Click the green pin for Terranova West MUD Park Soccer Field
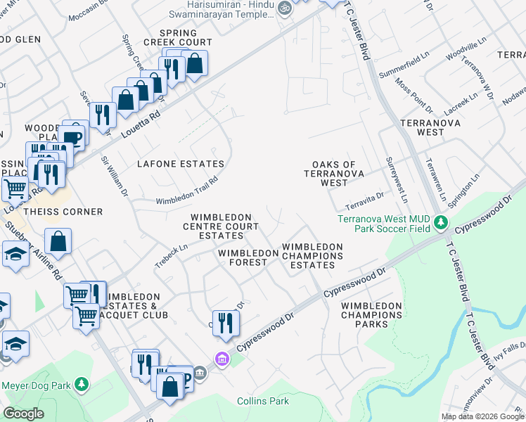tap(441, 223)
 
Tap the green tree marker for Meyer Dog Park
tap(82, 385)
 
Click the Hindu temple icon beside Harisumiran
tap(284, 8)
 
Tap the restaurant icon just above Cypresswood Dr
tap(226, 323)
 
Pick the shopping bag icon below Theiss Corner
tap(60, 241)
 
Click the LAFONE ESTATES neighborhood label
tap(181, 164)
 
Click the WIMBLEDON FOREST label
tap(243, 257)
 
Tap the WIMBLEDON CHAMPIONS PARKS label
tap(372, 315)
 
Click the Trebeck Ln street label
tap(172, 255)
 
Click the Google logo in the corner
tap(23, 414)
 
